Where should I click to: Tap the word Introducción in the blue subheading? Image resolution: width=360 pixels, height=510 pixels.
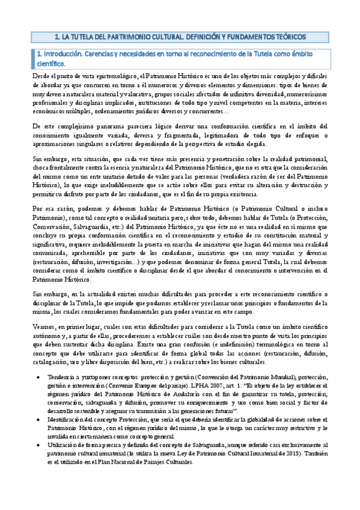click(63, 54)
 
